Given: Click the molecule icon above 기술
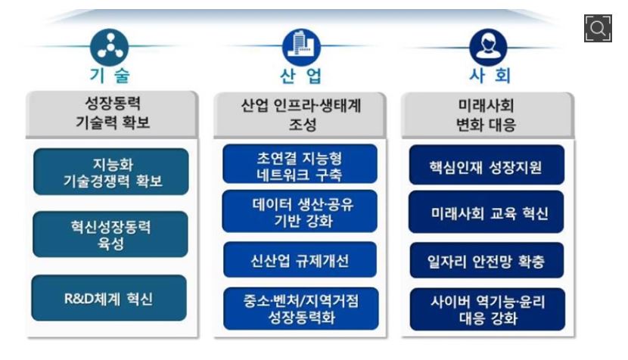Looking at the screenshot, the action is coord(110,47).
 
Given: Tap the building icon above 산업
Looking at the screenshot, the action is coord(301,47).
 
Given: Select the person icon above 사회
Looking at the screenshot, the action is coord(488,47).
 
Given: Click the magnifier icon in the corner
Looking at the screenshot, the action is coord(598,28).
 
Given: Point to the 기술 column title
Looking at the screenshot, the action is coord(110,76).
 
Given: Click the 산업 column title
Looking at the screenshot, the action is coord(301,76).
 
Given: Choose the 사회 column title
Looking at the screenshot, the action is coord(490,76).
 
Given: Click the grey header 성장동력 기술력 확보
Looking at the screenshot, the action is coord(112,114).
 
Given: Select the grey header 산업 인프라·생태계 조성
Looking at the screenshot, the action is coord(300,115).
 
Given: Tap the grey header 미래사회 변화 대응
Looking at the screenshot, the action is coord(487,115).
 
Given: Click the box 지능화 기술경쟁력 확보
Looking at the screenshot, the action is coord(111,172).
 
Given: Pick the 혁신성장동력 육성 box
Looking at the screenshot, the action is coord(110,234).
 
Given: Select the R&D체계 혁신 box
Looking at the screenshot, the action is coord(109,298).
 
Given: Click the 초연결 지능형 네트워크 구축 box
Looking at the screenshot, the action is coord(300,164).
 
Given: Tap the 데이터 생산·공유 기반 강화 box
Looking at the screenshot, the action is coord(300,212).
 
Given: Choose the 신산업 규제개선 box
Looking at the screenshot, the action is coord(300,260).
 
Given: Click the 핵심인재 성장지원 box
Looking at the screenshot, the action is coord(487,165).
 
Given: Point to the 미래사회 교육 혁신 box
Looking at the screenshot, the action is coord(487,213).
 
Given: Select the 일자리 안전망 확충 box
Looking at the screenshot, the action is coord(487,260).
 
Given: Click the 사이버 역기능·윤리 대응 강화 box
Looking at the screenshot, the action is coord(487,309).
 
